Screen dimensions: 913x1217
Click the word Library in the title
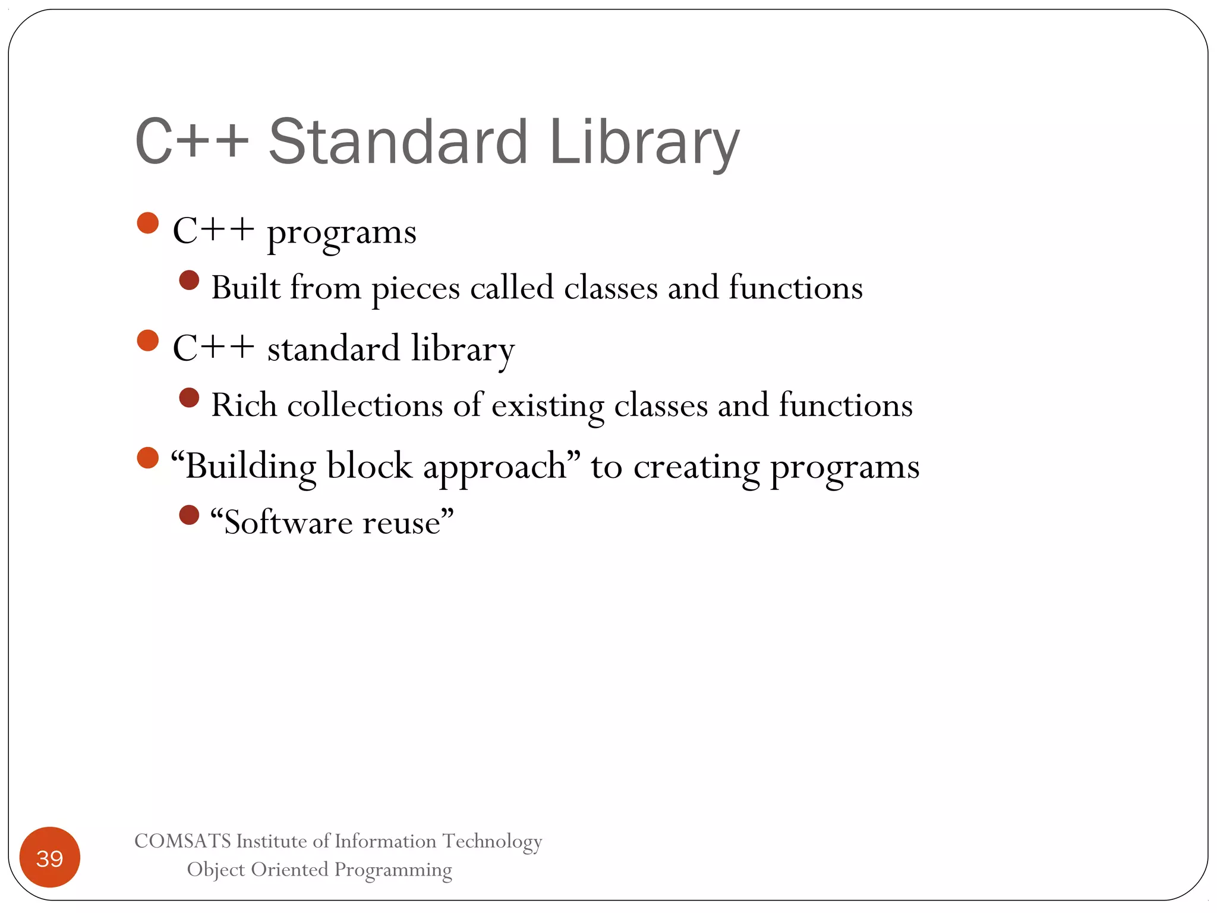click(645, 143)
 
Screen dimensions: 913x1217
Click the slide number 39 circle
click(50, 857)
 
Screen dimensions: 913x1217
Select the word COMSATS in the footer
click(182, 841)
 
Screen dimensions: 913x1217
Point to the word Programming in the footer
click(393, 870)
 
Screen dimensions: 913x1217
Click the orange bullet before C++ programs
click(148, 223)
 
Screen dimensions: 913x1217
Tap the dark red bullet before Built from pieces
click(189, 280)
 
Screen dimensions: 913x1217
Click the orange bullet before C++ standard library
click(148, 341)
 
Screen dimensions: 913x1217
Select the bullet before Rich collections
click(189, 398)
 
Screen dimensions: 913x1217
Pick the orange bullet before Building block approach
click(148, 458)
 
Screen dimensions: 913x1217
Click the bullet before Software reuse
click(189, 515)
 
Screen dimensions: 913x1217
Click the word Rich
click(244, 405)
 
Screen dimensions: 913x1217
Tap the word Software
click(287, 522)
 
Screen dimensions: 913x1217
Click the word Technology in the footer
click(492, 842)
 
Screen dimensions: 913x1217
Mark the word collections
click(365, 405)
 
